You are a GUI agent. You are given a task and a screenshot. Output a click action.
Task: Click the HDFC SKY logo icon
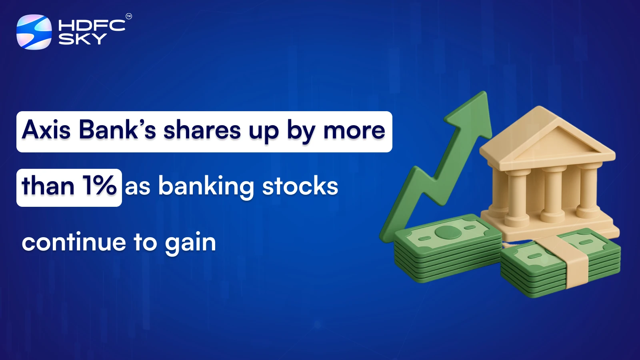[x=34, y=32]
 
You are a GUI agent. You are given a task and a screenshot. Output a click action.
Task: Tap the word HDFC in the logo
[x=92, y=26]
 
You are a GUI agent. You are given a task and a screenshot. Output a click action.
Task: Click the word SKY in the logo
[x=82, y=39]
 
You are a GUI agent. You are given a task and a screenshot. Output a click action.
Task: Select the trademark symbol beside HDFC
[x=129, y=16]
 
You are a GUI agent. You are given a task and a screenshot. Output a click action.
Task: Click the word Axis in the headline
[x=46, y=130]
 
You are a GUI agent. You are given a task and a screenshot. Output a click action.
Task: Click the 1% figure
[x=100, y=186]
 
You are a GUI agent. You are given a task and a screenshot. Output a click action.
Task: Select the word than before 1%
[x=48, y=186]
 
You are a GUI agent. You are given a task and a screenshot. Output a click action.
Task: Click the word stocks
[x=300, y=186]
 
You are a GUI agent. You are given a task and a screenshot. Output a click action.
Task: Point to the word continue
[x=74, y=242]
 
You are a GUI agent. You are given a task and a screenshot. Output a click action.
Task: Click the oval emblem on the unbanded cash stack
[x=447, y=232]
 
